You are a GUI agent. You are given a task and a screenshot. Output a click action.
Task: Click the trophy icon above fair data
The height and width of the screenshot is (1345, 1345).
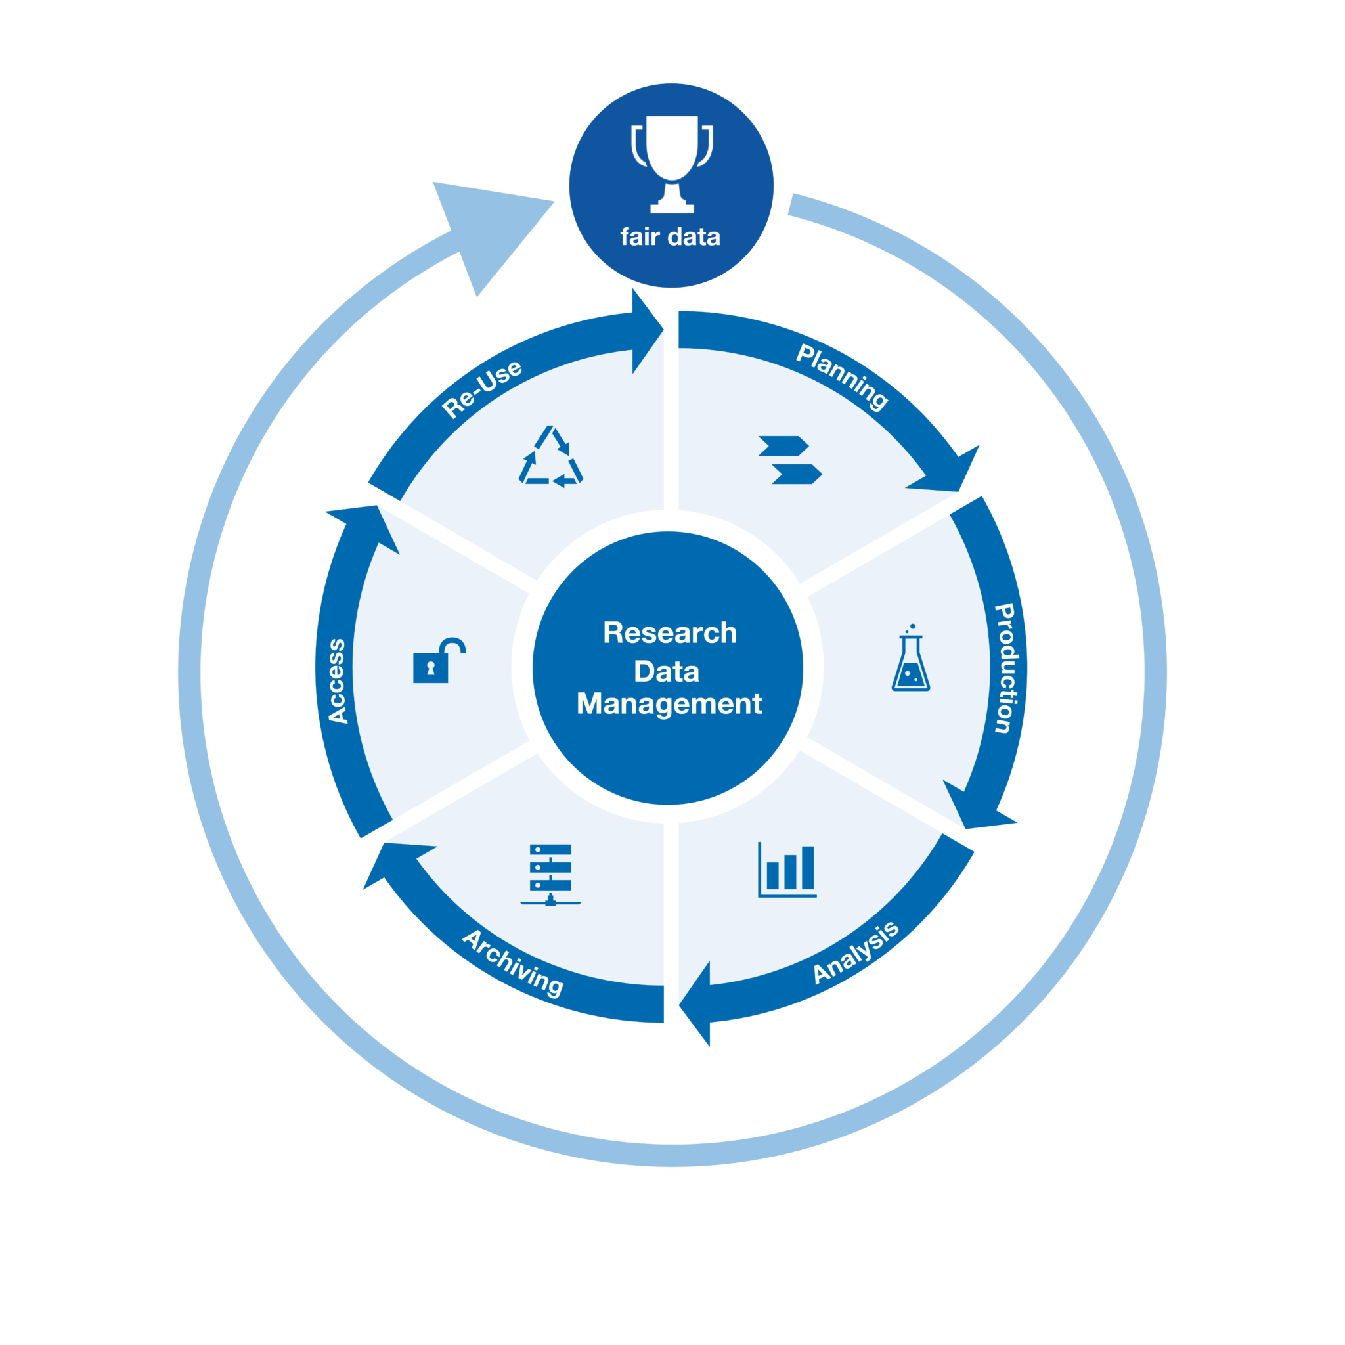(672, 163)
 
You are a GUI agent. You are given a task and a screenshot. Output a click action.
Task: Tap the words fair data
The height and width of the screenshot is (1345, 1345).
(670, 236)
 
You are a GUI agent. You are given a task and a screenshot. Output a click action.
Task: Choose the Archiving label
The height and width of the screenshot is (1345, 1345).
(514, 963)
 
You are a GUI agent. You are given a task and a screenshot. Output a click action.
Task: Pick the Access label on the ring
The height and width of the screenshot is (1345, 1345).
(337, 681)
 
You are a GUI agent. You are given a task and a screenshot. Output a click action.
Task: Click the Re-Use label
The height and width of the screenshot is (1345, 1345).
(482, 389)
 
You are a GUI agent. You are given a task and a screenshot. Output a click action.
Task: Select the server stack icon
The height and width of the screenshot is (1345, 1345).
(550, 874)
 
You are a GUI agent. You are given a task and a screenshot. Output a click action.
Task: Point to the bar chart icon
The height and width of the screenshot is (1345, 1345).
(787, 870)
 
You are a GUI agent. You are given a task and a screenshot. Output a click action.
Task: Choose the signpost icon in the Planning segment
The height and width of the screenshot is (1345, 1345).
(790, 460)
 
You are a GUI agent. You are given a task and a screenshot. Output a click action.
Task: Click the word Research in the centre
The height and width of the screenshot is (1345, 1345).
(670, 633)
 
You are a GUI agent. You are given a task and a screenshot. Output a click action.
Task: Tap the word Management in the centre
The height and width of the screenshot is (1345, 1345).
(669, 703)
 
